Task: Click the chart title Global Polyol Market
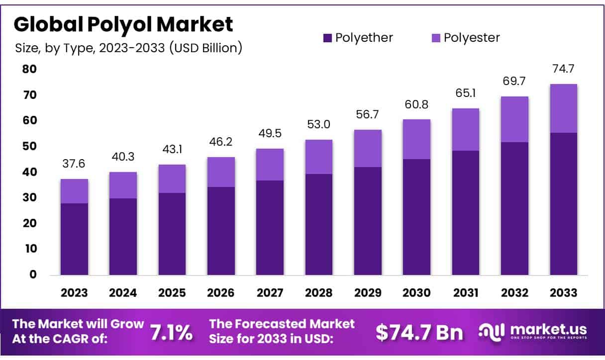pos(123,24)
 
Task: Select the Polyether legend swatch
pos(327,38)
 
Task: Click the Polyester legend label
pos(472,38)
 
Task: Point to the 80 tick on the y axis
pos(29,69)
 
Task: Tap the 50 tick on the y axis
pos(29,146)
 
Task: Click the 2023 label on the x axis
pos(74,292)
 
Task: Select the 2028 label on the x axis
pos(319,292)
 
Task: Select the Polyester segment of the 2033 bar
pos(563,108)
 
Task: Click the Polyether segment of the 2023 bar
pos(74,239)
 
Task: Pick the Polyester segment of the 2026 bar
pos(221,172)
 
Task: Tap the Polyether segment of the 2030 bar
pos(416,217)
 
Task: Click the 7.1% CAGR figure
pos(172,333)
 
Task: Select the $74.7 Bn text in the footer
pos(419,332)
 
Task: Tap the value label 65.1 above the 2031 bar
pos(465,93)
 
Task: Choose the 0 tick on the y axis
pos(32,274)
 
